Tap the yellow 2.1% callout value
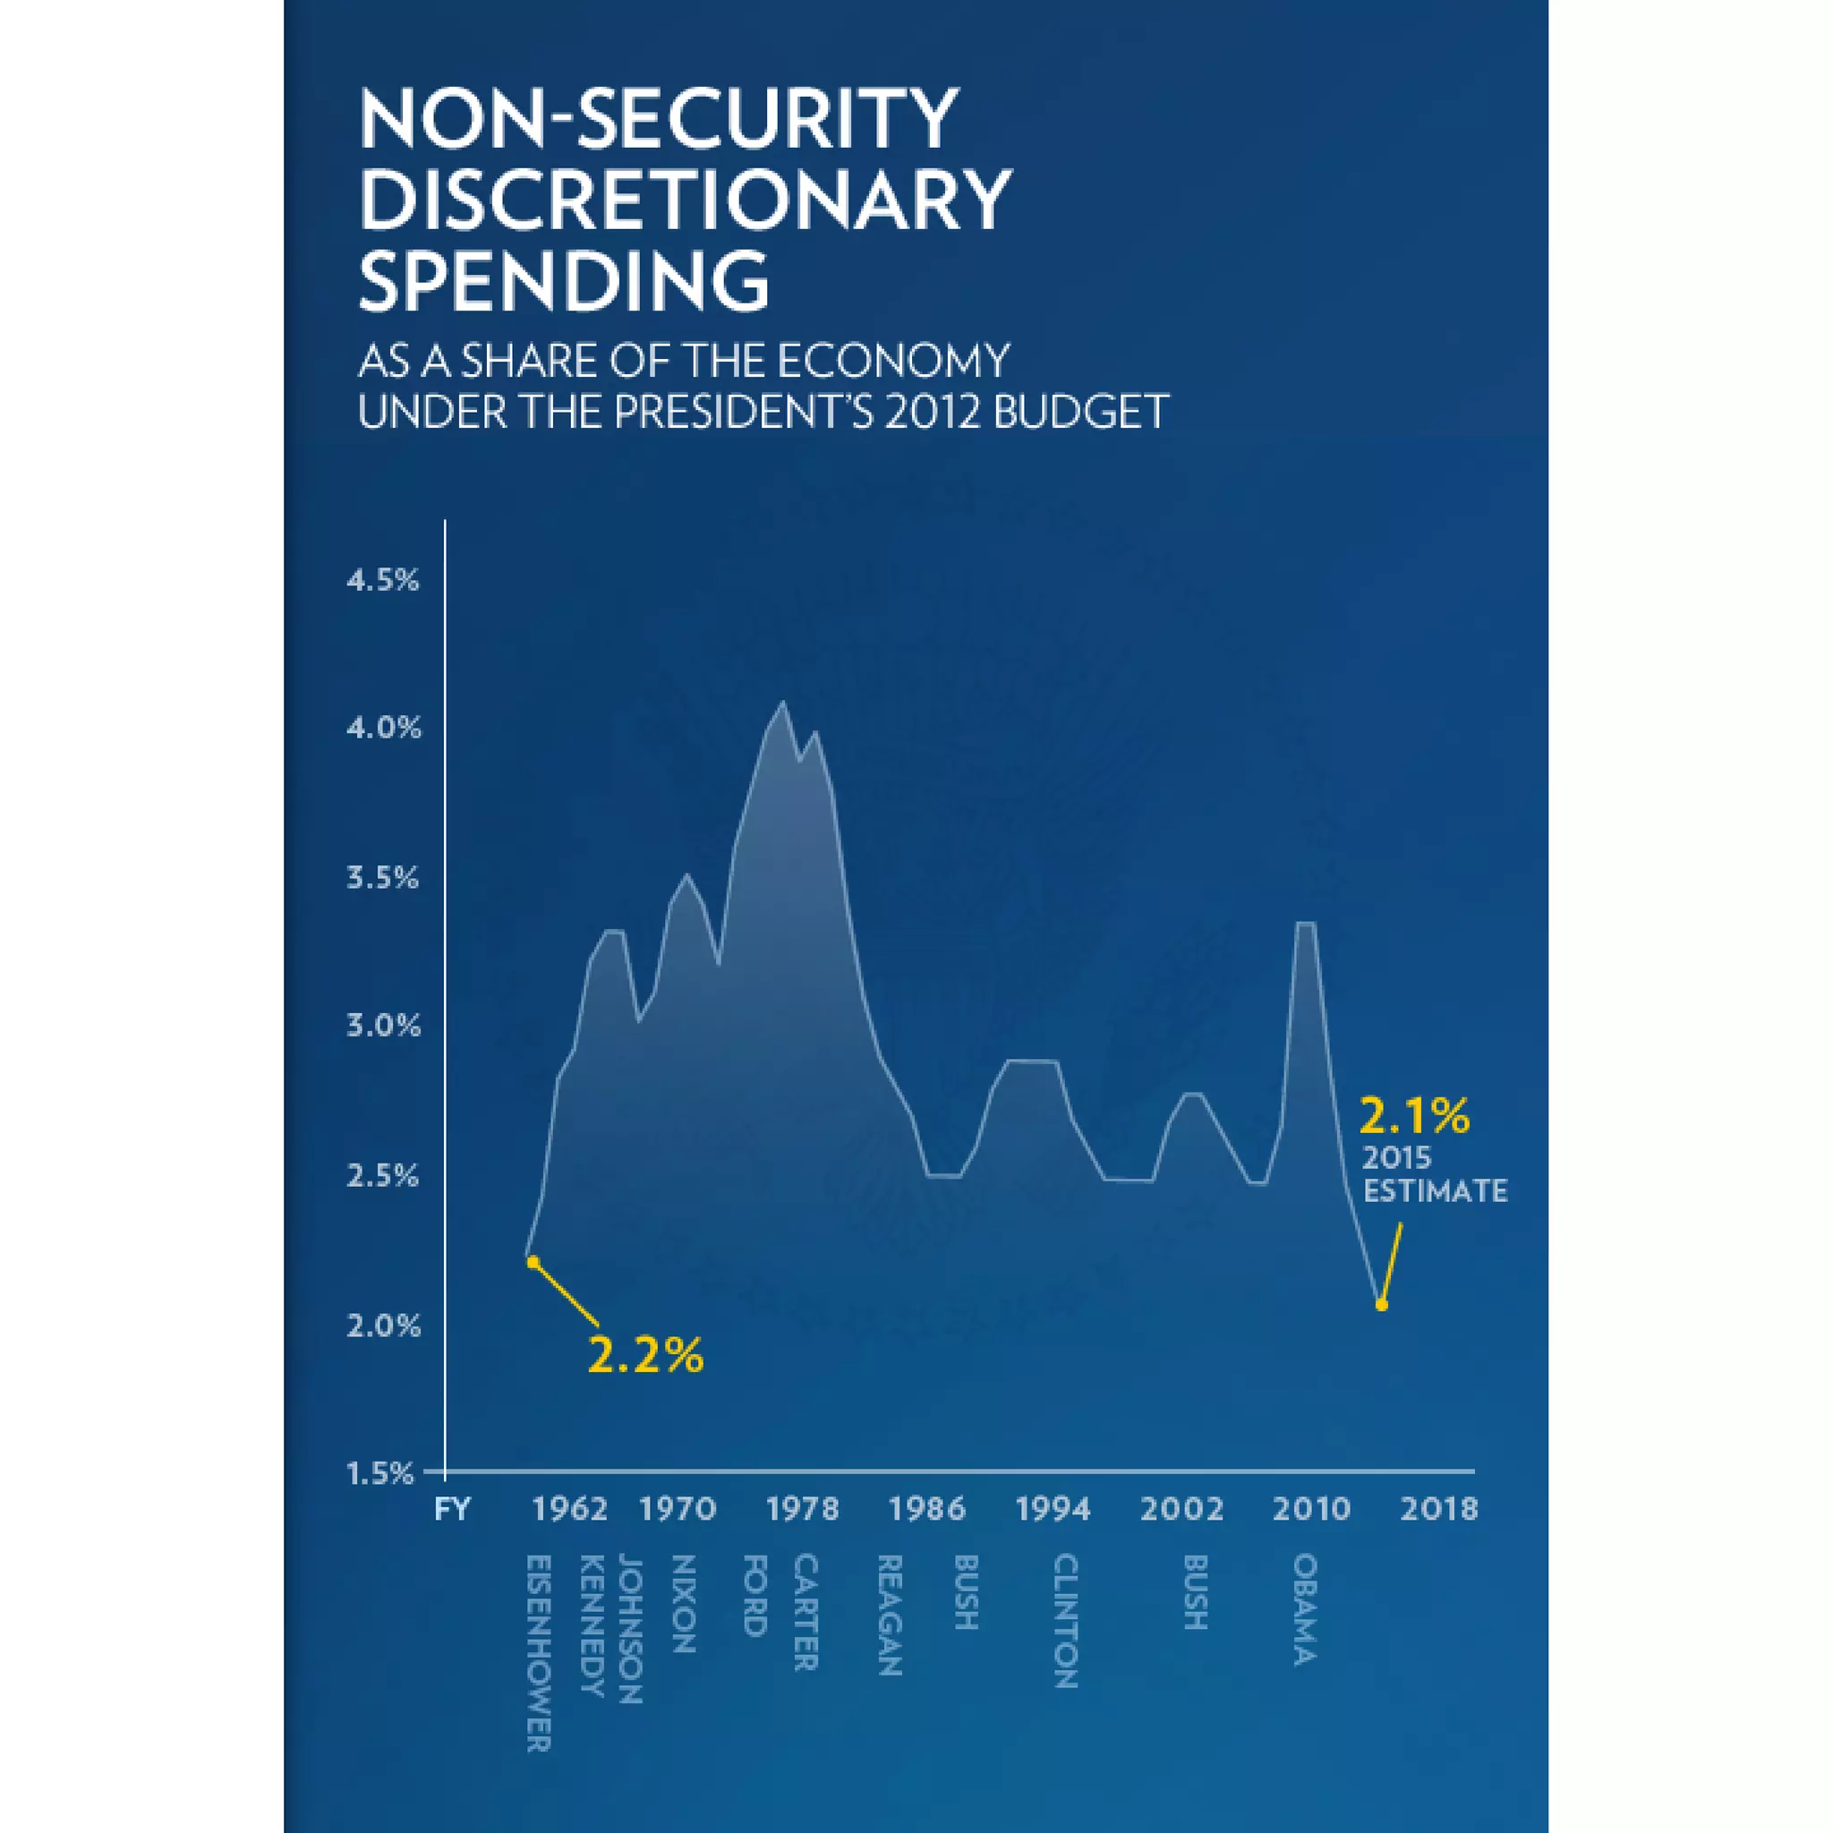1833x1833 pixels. pos(1413,1117)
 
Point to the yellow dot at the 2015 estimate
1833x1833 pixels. pos(1381,1306)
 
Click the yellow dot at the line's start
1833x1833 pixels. pos(533,1262)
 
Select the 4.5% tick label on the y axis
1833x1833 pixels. pos(382,581)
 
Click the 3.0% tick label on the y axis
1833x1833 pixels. pos(382,1026)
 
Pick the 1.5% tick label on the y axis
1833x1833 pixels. pos(380,1473)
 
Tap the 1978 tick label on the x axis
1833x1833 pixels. pos(803,1510)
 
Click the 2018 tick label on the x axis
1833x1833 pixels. pos(1439,1510)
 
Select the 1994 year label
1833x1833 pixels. pos(1053,1510)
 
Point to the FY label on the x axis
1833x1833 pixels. pos(453,1510)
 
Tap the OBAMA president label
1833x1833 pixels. pos(1306,1609)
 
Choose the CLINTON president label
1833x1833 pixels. pos(1065,1621)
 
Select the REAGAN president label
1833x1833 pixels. pos(889,1615)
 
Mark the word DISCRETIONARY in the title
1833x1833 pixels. pos(685,200)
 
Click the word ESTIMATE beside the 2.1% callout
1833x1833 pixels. pos(1435,1191)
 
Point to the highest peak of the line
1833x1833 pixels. pos(783,702)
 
